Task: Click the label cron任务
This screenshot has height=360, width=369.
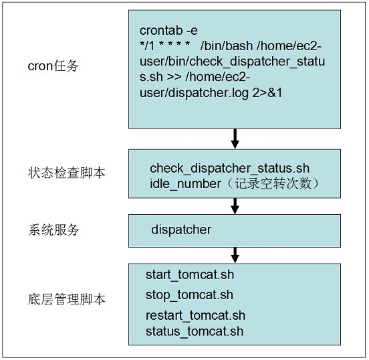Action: point(53,66)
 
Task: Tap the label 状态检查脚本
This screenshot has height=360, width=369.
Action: point(67,173)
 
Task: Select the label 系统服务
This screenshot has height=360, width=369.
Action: point(53,230)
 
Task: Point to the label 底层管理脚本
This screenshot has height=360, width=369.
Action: point(67,300)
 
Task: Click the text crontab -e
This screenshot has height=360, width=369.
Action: point(168,30)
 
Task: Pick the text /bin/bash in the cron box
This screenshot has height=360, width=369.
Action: point(227,46)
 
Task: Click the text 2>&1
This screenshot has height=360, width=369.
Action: point(267,92)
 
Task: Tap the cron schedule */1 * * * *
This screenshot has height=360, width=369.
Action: point(164,46)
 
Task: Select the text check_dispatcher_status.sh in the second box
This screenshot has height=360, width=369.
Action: point(229,168)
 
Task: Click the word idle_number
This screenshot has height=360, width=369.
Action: point(185,183)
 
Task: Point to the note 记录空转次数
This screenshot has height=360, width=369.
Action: point(273,183)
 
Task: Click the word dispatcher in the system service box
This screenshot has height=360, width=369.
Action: point(181,230)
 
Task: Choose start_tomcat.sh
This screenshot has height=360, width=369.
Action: point(190,275)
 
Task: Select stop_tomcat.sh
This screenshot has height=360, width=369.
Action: point(189,295)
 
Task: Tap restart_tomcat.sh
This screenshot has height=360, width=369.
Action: point(195,315)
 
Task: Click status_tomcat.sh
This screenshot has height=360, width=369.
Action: point(195,331)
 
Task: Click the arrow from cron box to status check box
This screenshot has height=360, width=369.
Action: point(235,139)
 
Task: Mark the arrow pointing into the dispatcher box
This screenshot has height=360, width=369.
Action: point(235,206)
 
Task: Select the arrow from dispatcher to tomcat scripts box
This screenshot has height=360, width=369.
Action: point(235,255)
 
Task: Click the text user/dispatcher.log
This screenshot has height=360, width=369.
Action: point(194,93)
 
